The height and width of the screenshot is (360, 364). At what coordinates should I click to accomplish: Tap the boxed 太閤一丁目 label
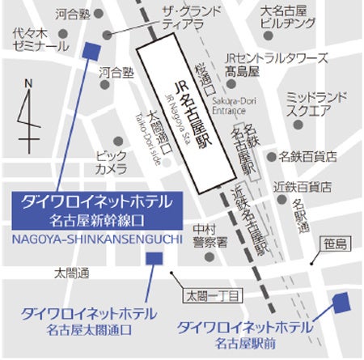coord(213,296)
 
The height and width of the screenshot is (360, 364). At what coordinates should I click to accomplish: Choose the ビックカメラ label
coord(111,162)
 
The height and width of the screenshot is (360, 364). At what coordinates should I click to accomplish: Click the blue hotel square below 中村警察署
coord(153,258)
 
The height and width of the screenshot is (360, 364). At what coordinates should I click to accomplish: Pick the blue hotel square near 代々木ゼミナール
coord(91,50)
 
